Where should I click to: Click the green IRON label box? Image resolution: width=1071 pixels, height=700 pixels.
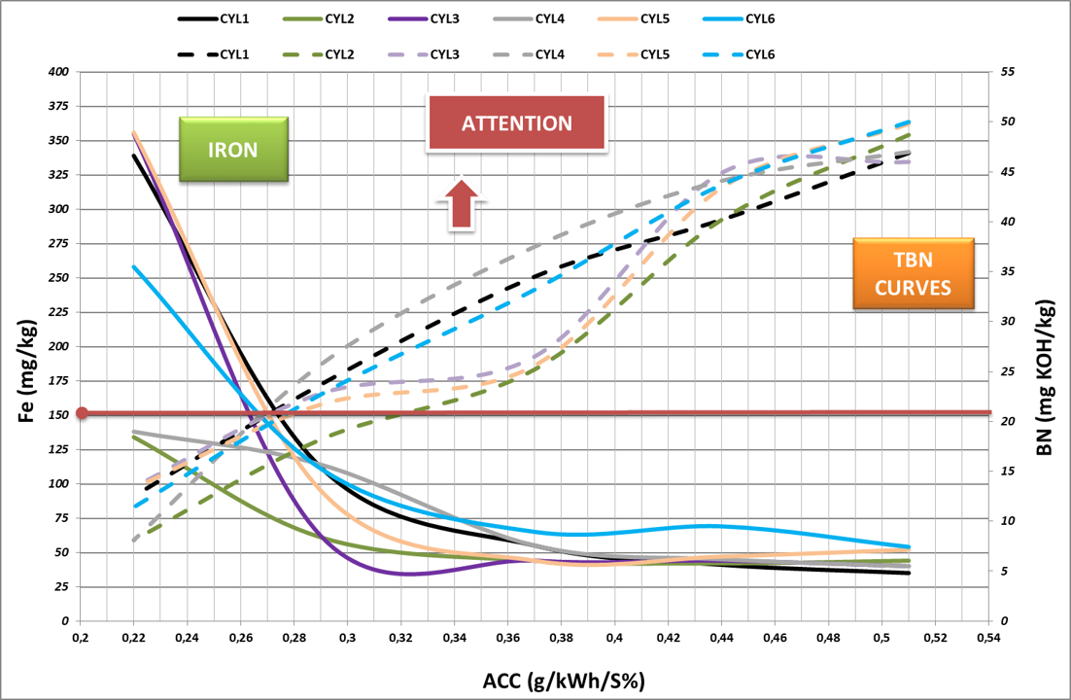233,150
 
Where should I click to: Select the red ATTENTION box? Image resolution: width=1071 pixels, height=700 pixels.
516,123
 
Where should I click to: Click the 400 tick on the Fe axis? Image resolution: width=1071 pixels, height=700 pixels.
59,72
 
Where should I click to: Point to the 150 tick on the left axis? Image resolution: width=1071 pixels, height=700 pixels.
59,415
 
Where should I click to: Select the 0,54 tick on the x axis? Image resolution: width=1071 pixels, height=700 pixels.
987,638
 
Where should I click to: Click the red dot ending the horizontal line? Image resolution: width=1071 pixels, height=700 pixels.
83,413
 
